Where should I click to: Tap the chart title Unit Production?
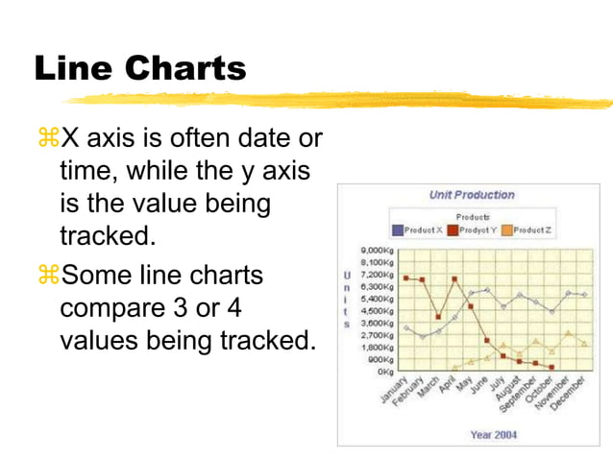pyautogui.click(x=472, y=195)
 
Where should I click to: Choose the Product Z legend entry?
pyautogui.click(x=528, y=230)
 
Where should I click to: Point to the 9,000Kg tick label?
pyautogui.click(x=378, y=250)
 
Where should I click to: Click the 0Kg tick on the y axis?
pyautogui.click(x=385, y=371)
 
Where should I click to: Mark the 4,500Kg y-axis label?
pyautogui.click(x=378, y=310)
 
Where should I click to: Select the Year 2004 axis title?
pyautogui.click(x=493, y=435)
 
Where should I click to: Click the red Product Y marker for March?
pyautogui.click(x=438, y=317)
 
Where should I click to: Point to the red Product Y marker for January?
pyautogui.click(x=405, y=278)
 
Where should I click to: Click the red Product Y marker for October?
pyautogui.click(x=552, y=367)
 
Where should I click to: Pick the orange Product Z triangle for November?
pyautogui.click(x=568, y=333)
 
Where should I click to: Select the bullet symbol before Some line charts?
pyautogui.click(x=47, y=276)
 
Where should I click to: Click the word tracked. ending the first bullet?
pyautogui.click(x=105, y=235)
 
